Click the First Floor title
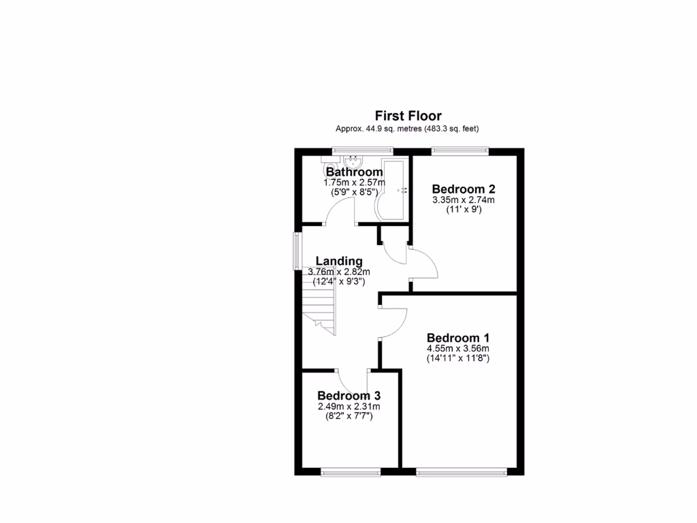coord(409,116)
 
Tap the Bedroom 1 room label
coord(458,338)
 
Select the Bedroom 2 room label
coord(463,189)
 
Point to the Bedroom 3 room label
coord(348,396)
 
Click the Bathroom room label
coord(354,172)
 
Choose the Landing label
coord(339,261)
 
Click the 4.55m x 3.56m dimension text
coord(458,349)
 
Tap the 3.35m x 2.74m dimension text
coord(463,200)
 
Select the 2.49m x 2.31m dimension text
coord(348,407)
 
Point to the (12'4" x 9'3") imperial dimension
coord(339,281)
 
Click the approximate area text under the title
coord(409,129)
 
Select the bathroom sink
coord(353,163)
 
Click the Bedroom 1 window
coord(461,471)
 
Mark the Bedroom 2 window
coord(460,151)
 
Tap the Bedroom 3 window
coord(351,471)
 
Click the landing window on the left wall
coord(297,251)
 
